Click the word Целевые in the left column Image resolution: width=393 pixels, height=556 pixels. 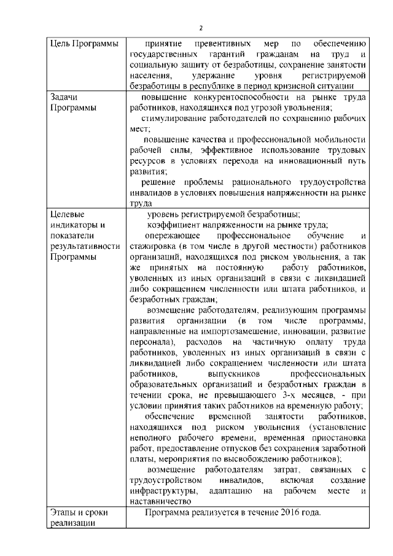(x=64, y=214)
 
